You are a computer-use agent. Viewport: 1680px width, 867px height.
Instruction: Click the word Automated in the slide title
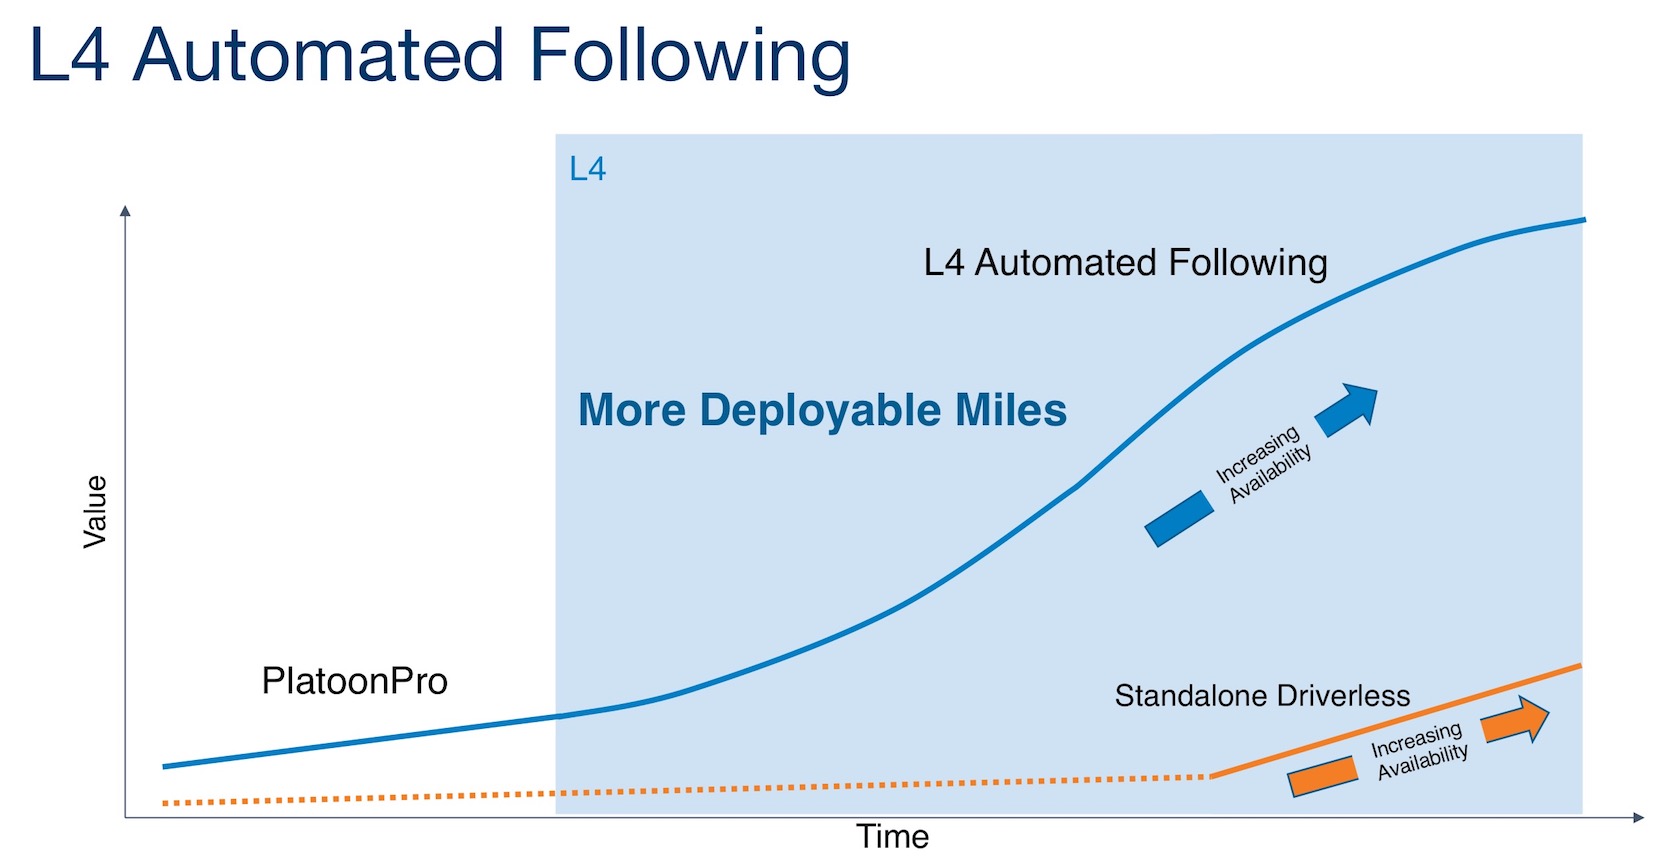coord(318,55)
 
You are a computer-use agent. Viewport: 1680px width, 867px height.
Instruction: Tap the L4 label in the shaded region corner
coord(587,169)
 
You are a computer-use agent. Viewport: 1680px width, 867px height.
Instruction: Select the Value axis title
coord(95,512)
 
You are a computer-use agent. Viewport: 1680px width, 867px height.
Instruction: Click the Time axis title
coord(892,836)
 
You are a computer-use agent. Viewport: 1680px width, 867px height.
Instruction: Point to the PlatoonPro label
coord(354,681)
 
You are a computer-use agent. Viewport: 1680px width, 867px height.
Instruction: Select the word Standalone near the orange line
coord(1190,696)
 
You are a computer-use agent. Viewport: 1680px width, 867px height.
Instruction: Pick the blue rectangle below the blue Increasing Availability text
coord(1179,518)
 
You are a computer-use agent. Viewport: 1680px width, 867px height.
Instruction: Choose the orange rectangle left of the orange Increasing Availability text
coord(1323,776)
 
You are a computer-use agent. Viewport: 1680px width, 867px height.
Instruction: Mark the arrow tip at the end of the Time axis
coord(1644,818)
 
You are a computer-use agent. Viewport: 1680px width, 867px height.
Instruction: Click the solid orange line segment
coord(1396,721)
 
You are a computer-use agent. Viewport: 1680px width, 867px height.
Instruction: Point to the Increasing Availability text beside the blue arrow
coord(1264,465)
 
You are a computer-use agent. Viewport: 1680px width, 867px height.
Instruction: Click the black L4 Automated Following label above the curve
coord(1125,263)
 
